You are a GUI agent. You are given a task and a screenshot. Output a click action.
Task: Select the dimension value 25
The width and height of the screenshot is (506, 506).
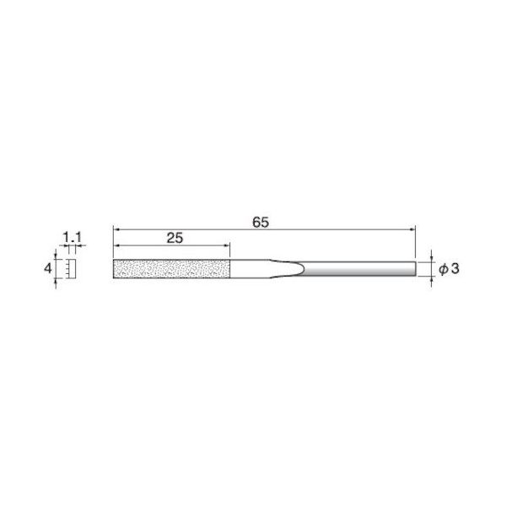[175, 239]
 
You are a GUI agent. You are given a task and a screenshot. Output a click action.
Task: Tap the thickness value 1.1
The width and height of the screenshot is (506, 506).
[71, 239]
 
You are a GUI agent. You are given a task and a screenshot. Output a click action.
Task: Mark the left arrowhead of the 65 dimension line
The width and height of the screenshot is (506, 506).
[117, 229]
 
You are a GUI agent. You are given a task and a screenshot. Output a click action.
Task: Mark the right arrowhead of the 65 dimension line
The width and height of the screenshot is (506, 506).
[412, 229]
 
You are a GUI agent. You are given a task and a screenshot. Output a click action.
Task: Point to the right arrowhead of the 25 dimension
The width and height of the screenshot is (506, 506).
[226, 246]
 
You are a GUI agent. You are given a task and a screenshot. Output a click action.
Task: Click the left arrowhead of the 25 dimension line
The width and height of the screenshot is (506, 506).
[117, 246]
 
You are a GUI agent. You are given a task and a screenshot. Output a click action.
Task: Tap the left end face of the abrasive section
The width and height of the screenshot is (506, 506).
[114, 269]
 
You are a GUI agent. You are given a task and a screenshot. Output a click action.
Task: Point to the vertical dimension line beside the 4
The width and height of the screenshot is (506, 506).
[57, 269]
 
